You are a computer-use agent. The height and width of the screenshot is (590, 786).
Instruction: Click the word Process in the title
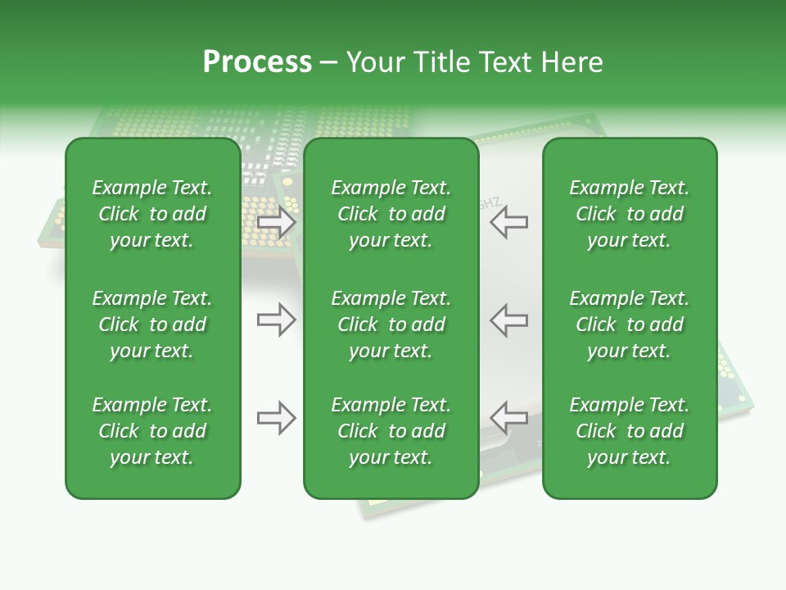click(x=257, y=62)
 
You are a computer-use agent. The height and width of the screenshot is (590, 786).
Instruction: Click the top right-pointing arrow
click(x=276, y=222)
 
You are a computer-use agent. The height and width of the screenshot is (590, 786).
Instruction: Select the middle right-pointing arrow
click(x=276, y=320)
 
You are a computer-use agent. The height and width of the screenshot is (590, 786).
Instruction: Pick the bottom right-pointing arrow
click(x=276, y=418)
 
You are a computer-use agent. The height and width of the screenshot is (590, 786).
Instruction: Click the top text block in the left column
click(x=152, y=214)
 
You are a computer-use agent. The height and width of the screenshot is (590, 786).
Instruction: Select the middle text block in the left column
click(x=152, y=324)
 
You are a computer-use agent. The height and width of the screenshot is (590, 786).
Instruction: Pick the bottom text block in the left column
click(x=152, y=431)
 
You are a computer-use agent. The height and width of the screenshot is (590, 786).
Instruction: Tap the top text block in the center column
click(x=391, y=214)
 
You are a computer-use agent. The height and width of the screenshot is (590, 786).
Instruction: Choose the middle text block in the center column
click(x=391, y=324)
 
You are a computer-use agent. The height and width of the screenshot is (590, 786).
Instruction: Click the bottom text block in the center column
click(x=391, y=431)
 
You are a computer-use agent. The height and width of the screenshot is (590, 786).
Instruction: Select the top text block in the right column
click(x=629, y=214)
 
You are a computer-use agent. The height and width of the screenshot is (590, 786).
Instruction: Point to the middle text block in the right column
click(x=629, y=324)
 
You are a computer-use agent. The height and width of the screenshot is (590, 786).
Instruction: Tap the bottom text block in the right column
click(x=629, y=431)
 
